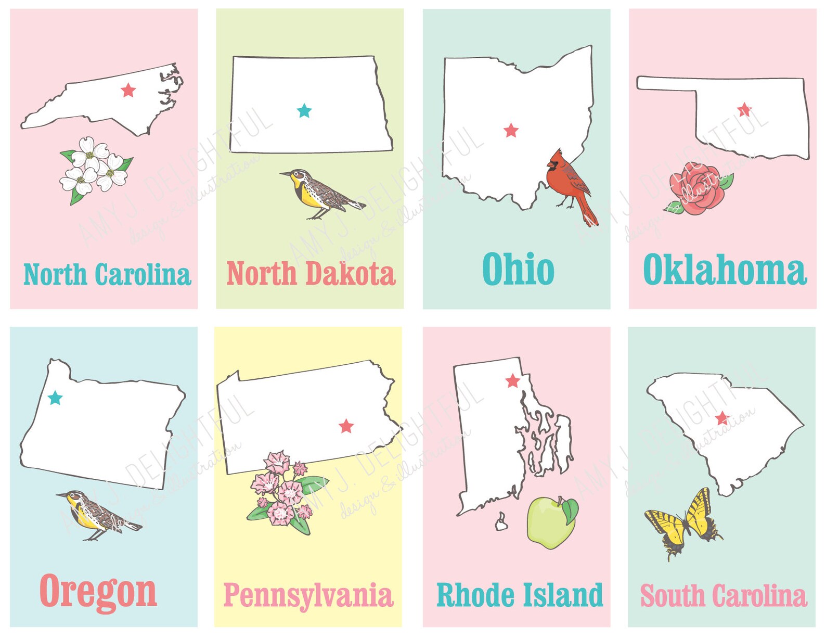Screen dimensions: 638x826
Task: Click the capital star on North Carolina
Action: pos(128,90)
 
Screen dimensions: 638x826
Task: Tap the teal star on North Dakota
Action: pos(304,110)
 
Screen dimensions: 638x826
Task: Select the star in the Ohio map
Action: pos(511,130)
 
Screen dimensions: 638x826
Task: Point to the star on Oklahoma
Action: pos(744,109)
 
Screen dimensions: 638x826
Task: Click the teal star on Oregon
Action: pos(55,398)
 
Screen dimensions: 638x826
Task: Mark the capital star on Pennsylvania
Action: pos(346,426)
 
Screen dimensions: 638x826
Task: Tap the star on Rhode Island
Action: pos(512,381)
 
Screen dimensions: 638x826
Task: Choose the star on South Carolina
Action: pos(721,418)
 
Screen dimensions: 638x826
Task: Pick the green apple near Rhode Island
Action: pos(551,522)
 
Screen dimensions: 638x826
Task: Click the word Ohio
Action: pos(518,269)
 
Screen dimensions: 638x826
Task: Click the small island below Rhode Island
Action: pos(501,522)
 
